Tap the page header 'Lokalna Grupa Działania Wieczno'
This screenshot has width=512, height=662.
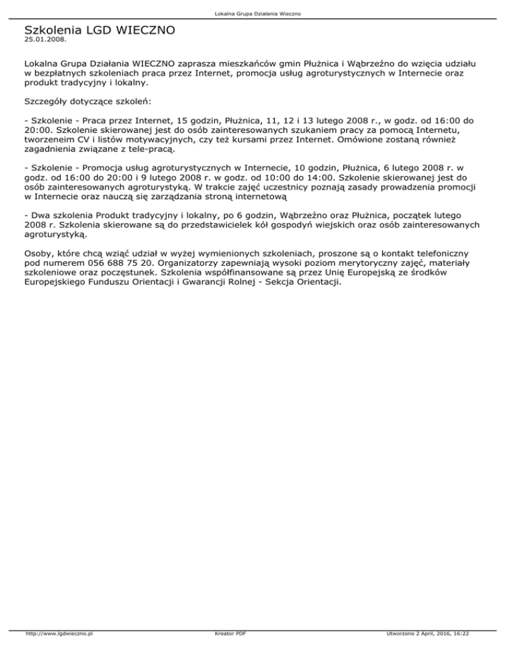tap(256, 13)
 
